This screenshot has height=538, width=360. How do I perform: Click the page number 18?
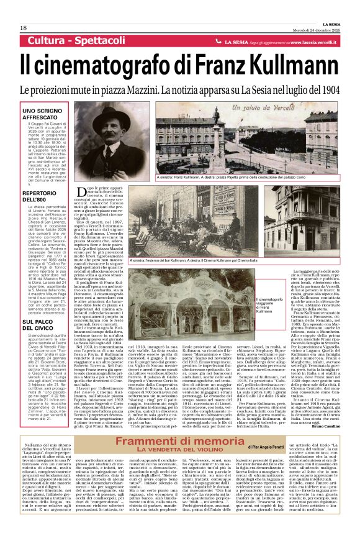pos(23,28)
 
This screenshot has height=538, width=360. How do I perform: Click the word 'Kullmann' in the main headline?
pos(287,64)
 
